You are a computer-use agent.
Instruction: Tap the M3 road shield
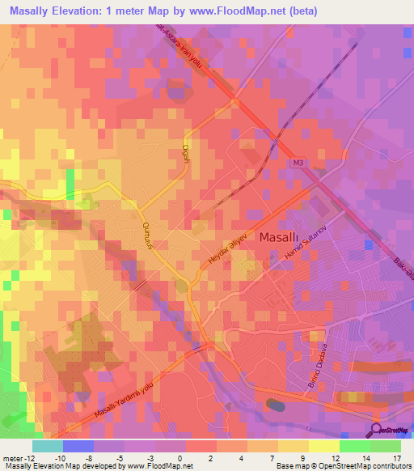click(298, 164)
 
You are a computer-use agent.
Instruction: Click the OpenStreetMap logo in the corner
click(391, 429)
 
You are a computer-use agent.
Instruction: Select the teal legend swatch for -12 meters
click(47, 446)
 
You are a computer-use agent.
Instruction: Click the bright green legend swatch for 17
click(386, 446)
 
